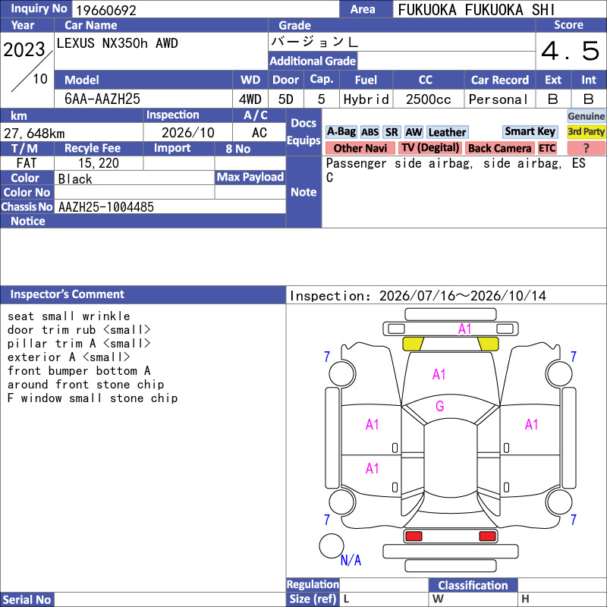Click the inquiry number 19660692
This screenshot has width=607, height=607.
tap(106, 10)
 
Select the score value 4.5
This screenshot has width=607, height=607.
tap(571, 51)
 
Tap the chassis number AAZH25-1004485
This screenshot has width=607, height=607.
tap(106, 207)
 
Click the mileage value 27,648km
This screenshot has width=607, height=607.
tap(34, 134)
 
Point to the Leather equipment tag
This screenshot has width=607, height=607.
tap(448, 132)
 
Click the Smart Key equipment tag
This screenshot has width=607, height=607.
tap(530, 131)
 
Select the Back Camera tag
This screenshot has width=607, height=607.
tap(500, 148)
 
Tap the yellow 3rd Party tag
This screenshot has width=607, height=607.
tap(586, 131)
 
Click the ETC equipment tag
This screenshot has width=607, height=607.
tap(547, 148)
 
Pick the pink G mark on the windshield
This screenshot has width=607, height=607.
tap(440, 406)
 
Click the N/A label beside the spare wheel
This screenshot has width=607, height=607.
tap(351, 560)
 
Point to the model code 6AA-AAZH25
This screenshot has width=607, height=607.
tap(102, 99)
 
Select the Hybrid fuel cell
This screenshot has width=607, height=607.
tap(366, 99)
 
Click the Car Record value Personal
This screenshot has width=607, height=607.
tap(498, 99)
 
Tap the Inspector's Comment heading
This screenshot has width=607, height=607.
tap(68, 294)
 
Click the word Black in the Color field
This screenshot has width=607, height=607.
tap(75, 179)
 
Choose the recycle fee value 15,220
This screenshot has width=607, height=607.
tap(99, 163)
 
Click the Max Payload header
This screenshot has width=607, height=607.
tap(250, 178)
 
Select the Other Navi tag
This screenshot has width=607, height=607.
tap(360, 148)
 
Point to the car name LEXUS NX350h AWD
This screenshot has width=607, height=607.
tap(118, 43)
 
